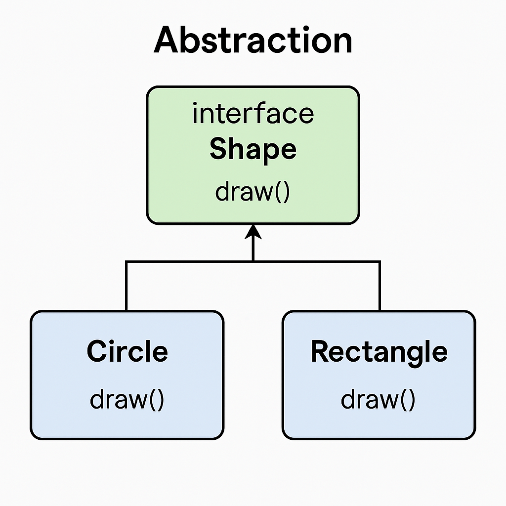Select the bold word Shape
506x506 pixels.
point(253,149)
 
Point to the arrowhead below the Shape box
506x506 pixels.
point(253,230)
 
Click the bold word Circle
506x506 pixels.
point(127,351)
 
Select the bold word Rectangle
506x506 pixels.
point(379,351)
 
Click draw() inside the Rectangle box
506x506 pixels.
point(379,399)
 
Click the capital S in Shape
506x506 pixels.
point(218,149)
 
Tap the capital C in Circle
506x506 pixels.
point(96,351)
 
